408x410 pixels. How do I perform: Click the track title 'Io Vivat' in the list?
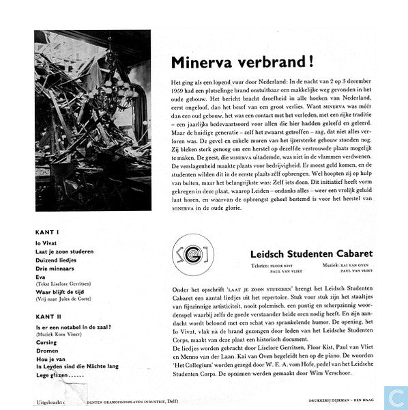46,242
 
